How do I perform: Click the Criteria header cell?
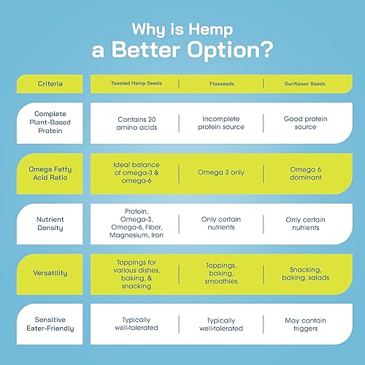pyautogui.click(x=50, y=84)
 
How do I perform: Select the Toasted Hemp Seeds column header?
pyautogui.click(x=137, y=83)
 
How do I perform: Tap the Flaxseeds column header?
pyautogui.click(x=222, y=84)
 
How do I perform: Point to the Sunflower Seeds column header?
pyautogui.click(x=304, y=84)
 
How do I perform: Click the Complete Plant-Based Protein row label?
pyautogui.click(x=50, y=122)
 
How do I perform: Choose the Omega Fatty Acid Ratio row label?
pyautogui.click(x=50, y=173)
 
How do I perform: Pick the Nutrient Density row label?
pyautogui.click(x=50, y=223)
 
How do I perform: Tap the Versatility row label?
pyautogui.click(x=50, y=273)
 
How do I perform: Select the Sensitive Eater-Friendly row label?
pyautogui.click(x=50, y=324)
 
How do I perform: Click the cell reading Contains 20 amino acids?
pyautogui.click(x=137, y=123)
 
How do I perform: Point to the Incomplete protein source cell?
pyautogui.click(x=221, y=123)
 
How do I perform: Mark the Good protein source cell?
pyautogui.click(x=305, y=123)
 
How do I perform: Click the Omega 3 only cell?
pyautogui.click(x=221, y=172)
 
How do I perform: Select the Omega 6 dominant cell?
pyautogui.click(x=306, y=173)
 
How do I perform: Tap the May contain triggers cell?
pyautogui.click(x=306, y=324)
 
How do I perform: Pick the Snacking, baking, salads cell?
pyautogui.click(x=306, y=274)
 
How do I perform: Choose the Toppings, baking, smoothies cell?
pyautogui.click(x=221, y=273)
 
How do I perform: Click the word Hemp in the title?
pyautogui.click(x=211, y=30)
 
